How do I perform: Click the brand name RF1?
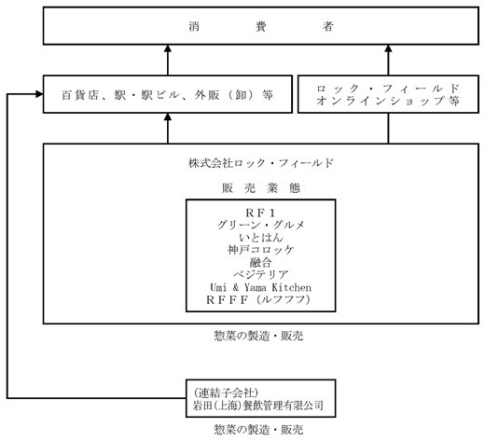click(260, 213)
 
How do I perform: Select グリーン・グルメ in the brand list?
click(260, 225)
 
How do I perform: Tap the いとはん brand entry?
click(261, 238)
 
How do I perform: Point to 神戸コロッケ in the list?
click(260, 250)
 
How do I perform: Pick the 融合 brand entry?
click(260, 263)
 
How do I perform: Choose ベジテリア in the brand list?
click(260, 275)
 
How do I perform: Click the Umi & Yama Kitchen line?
click(260, 287)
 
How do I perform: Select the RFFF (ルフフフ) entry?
click(258, 300)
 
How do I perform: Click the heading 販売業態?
click(261, 188)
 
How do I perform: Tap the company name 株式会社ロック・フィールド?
click(261, 163)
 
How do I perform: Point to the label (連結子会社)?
click(226, 393)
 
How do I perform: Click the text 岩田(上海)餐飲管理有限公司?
click(257, 406)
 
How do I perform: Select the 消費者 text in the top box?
click(261, 26)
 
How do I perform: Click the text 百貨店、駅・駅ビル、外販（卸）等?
click(168, 95)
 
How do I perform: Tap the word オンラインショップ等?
click(388, 101)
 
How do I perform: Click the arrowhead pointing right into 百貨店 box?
click(39, 94)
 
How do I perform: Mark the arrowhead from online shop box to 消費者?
click(388, 48)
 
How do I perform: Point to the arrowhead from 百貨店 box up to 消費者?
click(168, 48)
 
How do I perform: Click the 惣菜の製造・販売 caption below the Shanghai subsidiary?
click(258, 430)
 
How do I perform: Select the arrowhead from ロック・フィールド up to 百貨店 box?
click(168, 117)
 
